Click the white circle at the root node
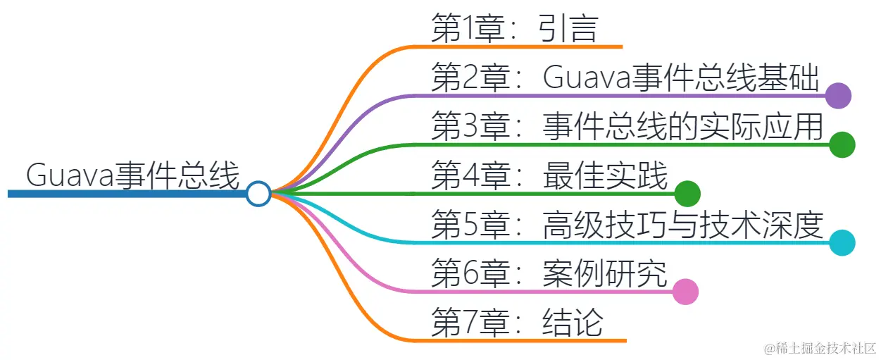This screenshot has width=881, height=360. tap(259, 194)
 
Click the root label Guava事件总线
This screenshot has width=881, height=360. tap(132, 175)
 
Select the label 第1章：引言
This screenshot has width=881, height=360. tap(514, 30)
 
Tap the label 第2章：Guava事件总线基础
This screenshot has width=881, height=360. tap(625, 78)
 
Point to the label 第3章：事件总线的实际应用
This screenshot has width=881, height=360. tap(627, 127)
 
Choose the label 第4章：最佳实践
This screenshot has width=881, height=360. tap(549, 175)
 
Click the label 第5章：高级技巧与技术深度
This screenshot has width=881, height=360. tap(627, 225)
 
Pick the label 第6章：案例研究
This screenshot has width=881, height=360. tap(549, 273)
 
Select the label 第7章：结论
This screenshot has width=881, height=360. tap(517, 323)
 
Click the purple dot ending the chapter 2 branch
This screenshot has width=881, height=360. tap(838, 95)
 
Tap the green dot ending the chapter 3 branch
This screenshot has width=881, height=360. tap(842, 144)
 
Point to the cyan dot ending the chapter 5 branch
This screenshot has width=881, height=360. tap(842, 242)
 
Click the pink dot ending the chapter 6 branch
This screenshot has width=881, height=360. tap(685, 292)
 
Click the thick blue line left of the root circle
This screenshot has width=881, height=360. tap(127, 194)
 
